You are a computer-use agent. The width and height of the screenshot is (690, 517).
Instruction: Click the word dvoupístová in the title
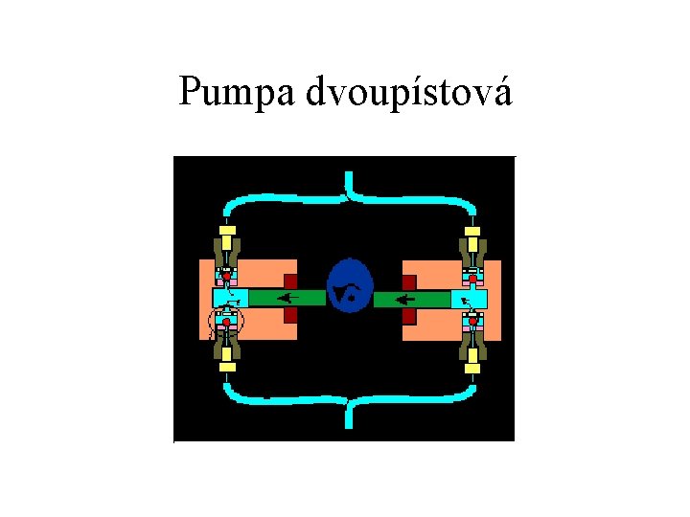point(409,94)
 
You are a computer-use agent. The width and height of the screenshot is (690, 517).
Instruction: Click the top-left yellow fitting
point(226,232)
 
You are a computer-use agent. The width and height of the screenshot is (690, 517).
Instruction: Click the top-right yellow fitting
point(471,232)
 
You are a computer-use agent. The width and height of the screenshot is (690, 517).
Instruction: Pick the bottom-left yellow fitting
point(226,365)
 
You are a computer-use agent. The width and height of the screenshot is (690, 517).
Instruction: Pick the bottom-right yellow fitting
point(471,365)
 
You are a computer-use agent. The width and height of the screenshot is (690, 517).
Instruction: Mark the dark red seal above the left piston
point(290,281)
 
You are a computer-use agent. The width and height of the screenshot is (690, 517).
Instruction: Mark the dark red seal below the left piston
point(290,315)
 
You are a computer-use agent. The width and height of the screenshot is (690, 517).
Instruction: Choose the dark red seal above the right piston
point(409,281)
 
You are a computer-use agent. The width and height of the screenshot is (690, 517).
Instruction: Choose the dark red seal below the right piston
point(409,315)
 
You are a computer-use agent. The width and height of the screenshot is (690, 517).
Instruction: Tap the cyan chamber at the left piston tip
point(230,298)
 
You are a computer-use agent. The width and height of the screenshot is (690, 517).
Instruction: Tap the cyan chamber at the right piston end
point(470,299)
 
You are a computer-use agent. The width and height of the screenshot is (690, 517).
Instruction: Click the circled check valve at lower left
point(227,323)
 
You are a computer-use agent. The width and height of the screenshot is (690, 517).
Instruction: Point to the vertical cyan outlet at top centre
point(349,184)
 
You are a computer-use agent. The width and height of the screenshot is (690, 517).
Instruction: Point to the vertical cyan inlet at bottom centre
point(349,414)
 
